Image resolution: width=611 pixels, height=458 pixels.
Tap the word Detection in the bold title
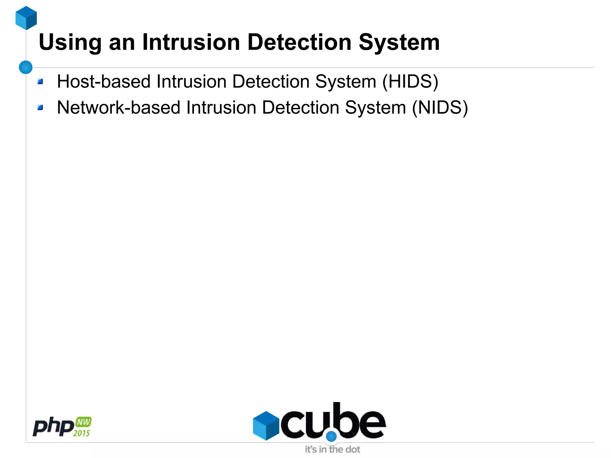(x=299, y=42)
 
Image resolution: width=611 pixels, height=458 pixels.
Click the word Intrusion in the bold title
(x=191, y=42)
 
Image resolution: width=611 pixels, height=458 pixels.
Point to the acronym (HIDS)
(x=410, y=81)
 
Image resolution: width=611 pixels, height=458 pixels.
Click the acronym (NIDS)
(x=440, y=107)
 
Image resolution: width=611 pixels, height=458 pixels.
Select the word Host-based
(x=104, y=81)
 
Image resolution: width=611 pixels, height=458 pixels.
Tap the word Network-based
(x=118, y=107)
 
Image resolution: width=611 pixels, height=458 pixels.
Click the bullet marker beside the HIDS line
(x=41, y=81)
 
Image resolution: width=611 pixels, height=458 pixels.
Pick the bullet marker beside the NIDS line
(x=41, y=107)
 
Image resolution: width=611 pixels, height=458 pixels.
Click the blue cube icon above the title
(x=26, y=18)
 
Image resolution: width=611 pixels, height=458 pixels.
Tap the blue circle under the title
(x=26, y=67)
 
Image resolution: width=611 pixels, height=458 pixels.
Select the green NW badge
(x=84, y=422)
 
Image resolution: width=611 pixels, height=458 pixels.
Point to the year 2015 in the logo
(x=81, y=433)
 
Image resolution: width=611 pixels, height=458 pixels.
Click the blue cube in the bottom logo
(x=266, y=425)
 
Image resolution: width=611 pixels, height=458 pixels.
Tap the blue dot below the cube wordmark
(x=331, y=437)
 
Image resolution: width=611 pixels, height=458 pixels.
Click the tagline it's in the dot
(x=332, y=449)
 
